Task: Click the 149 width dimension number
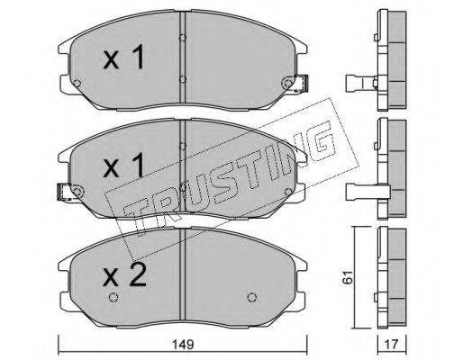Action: coord(183,345)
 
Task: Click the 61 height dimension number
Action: coord(349,277)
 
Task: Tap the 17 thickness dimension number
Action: coord(391,345)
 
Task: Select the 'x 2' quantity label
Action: coord(124,274)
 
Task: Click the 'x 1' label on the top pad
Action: coord(123,57)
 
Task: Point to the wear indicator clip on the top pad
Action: coord(303,83)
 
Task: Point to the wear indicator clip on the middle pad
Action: coord(64,192)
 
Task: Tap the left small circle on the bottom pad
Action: coord(113,297)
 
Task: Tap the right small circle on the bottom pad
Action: coord(251,297)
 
